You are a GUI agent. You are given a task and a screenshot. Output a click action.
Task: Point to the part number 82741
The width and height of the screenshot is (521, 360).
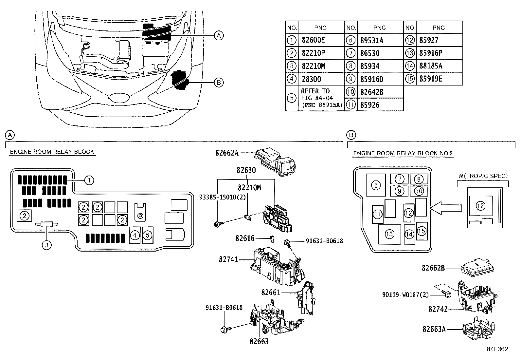click(x=228, y=259)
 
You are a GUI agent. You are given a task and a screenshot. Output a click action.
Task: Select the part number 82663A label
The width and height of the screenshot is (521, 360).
click(x=434, y=329)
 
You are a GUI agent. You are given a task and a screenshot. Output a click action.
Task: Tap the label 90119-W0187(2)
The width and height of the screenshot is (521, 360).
click(x=405, y=295)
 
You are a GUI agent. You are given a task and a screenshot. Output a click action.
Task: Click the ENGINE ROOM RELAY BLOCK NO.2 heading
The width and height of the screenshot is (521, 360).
click(x=403, y=153)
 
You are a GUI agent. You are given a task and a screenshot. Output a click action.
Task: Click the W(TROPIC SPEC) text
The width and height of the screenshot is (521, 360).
click(x=483, y=176)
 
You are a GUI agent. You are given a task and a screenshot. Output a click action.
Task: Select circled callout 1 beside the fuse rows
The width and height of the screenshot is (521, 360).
click(x=89, y=180)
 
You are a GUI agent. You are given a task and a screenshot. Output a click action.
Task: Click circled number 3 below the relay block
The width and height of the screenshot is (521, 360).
click(x=47, y=245)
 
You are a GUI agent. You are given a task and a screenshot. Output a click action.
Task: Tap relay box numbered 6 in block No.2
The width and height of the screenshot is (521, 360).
click(x=376, y=186)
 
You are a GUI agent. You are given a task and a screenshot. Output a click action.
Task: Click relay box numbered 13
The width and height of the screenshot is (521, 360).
click(x=389, y=234)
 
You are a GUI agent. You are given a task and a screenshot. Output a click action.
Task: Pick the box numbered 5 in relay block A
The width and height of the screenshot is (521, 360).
click(x=148, y=235)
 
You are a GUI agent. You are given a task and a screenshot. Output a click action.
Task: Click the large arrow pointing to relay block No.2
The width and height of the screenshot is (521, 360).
click(x=445, y=208)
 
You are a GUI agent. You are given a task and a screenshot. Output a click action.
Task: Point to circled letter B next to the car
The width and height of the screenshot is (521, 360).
click(x=218, y=83)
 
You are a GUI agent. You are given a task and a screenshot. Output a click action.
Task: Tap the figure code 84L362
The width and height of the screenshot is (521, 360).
click(x=497, y=349)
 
